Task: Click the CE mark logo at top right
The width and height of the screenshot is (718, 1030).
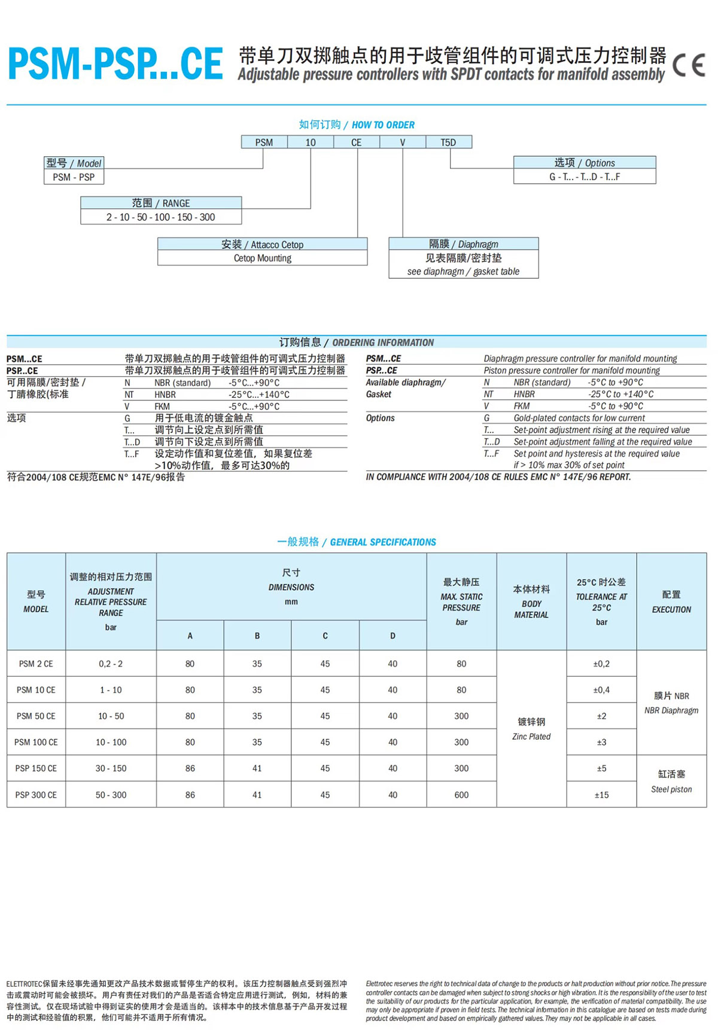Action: point(689,65)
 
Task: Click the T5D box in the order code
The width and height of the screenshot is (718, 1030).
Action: point(448,142)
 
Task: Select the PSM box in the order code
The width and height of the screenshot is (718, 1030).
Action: point(264,142)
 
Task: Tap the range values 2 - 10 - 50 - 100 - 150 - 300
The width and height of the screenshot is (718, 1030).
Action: point(160,217)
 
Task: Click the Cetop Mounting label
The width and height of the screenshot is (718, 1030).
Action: point(262,259)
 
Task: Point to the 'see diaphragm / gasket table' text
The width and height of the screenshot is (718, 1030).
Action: point(463,272)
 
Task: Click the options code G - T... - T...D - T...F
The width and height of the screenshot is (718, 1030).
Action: point(585,177)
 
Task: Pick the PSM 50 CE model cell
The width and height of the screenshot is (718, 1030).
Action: point(36,716)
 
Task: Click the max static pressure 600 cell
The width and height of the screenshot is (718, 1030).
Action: point(461,795)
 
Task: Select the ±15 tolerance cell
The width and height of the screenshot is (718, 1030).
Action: point(601,795)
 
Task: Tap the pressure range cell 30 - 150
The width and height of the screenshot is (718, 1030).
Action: point(111,768)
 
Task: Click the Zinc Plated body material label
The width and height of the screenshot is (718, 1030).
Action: point(531,737)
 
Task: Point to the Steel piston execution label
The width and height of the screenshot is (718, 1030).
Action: point(671,789)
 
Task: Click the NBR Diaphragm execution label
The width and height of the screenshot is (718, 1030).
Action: point(671,710)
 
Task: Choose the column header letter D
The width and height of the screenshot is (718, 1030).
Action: point(393,636)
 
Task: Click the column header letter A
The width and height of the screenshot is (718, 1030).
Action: point(190,636)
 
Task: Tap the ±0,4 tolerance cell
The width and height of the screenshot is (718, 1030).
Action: point(601,690)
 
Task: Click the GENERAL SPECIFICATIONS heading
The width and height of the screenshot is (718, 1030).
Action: point(383,542)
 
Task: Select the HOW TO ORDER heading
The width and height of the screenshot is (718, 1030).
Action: point(383,125)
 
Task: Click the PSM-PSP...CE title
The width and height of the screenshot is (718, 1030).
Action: point(115,65)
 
